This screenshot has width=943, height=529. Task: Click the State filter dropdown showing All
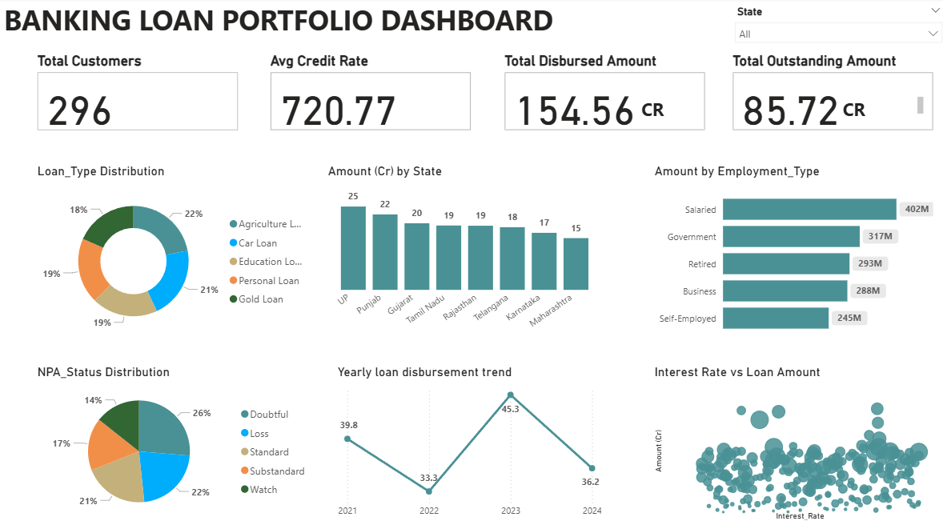[837, 34]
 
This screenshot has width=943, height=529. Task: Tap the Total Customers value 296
[80, 110]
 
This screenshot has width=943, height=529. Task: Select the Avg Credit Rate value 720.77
[339, 110]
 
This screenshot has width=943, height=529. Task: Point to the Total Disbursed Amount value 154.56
[576, 110]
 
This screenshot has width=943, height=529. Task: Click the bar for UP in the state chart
[353, 248]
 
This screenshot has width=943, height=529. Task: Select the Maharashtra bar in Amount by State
[576, 263]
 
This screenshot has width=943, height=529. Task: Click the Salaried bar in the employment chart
[809, 209]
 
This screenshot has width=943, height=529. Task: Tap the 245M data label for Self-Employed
[849, 318]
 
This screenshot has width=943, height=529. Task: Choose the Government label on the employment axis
[692, 237]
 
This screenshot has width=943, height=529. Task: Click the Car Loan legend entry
[258, 243]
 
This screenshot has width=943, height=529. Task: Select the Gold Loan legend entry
[260, 299]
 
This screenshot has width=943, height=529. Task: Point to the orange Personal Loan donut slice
[93, 268]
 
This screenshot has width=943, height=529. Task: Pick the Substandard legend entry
[277, 471]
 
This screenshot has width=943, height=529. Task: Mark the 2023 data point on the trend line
[511, 395]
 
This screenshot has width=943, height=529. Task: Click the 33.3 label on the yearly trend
[429, 478]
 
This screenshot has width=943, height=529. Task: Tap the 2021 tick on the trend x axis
[347, 511]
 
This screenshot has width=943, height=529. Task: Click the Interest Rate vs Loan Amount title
[737, 372]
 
